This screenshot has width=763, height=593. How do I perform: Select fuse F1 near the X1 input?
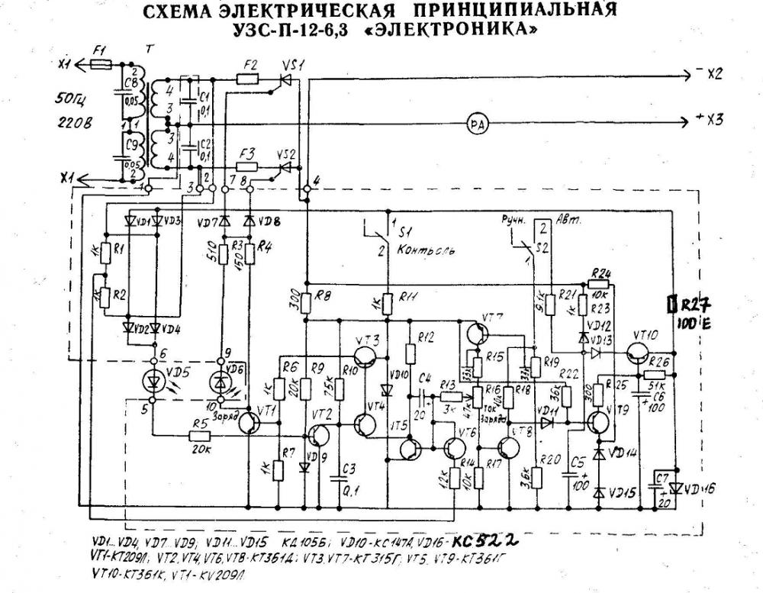point(101,66)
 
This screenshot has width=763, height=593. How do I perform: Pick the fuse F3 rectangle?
point(246,166)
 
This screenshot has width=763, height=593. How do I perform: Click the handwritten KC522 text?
point(485,541)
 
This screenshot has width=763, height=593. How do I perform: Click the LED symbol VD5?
point(153,379)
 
